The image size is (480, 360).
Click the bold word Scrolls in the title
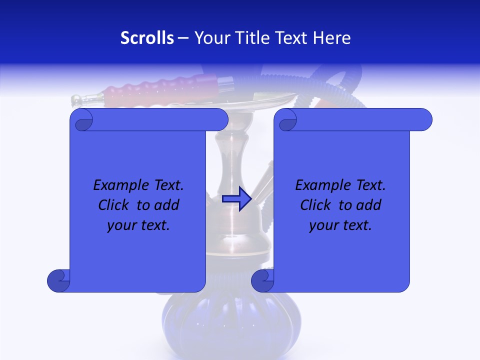[147, 38]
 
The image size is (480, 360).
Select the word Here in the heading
[332, 38]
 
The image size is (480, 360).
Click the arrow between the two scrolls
[237, 199]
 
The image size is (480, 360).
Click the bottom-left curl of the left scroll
[58, 280]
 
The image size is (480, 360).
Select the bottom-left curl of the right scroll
[262, 280]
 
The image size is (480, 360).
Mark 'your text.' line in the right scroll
[340, 225]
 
